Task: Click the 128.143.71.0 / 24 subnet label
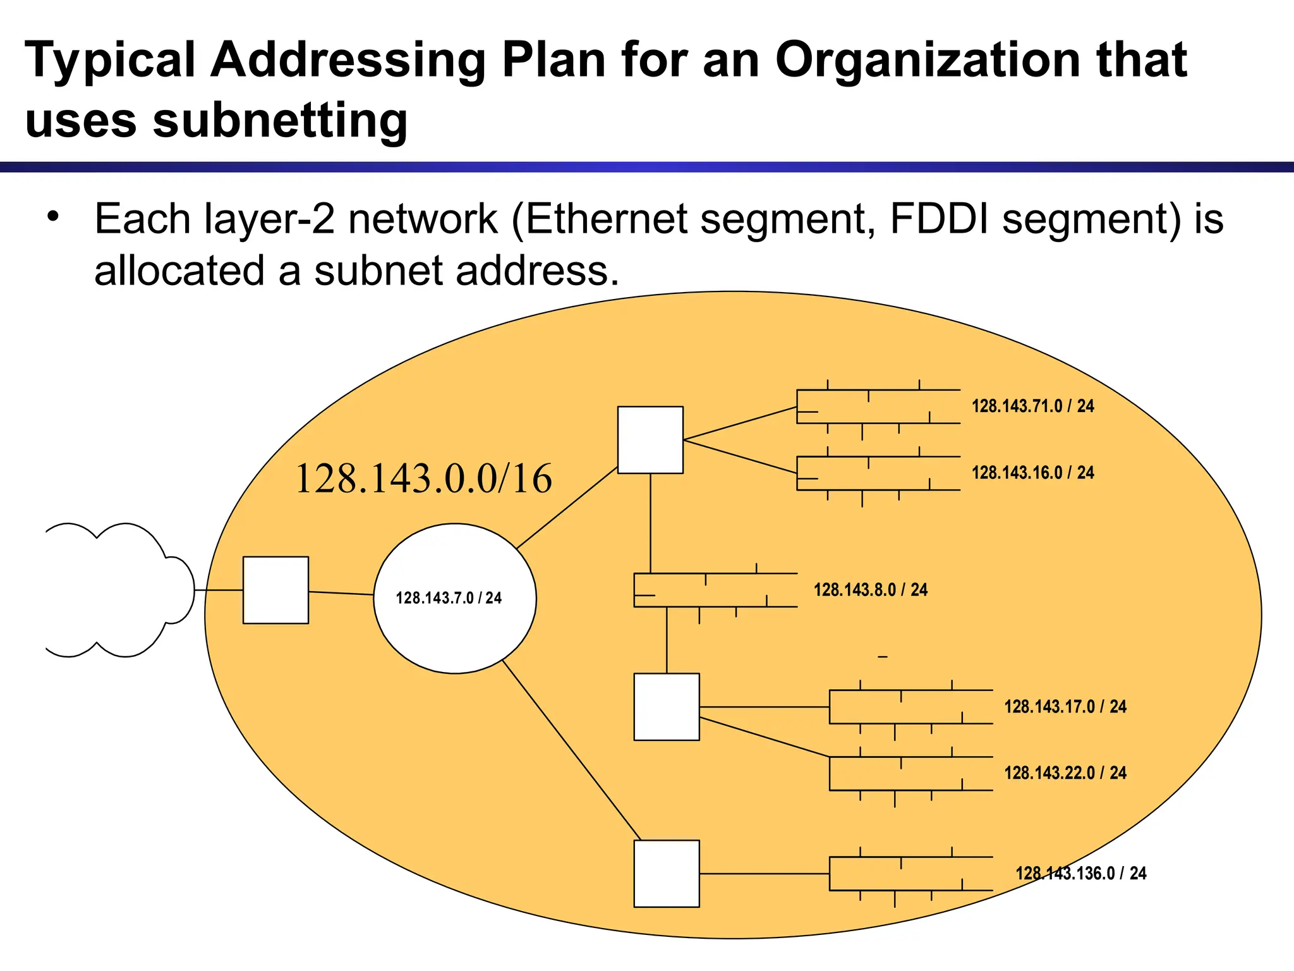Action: click(x=1032, y=406)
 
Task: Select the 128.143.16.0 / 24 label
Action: click(x=1032, y=472)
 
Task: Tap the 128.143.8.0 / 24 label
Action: click(x=870, y=590)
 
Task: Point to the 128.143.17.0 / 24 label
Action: click(x=1065, y=706)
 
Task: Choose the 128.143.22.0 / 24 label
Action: click(x=1065, y=773)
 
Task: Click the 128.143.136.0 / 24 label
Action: click(x=1080, y=873)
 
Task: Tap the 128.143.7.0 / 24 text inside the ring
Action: click(x=449, y=598)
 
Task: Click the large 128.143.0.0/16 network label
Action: click(x=423, y=478)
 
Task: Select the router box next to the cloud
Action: click(x=275, y=590)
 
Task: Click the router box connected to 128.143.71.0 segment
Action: click(x=650, y=439)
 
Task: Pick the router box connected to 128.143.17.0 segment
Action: click(x=667, y=706)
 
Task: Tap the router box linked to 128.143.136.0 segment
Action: click(x=667, y=873)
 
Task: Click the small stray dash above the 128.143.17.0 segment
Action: click(x=883, y=657)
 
